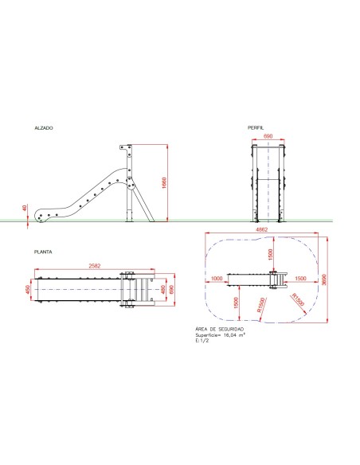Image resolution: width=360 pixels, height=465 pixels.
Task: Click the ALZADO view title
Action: (x=44, y=127)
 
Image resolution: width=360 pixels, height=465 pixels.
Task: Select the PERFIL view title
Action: (x=256, y=127)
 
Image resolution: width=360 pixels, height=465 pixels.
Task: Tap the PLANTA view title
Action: (x=43, y=252)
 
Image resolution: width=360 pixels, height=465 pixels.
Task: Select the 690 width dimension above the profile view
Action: (x=268, y=137)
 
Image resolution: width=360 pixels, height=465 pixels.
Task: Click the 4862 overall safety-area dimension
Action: (x=260, y=229)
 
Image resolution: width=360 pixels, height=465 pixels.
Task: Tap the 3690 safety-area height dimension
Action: (x=323, y=280)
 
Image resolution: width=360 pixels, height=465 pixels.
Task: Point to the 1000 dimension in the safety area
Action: (x=217, y=278)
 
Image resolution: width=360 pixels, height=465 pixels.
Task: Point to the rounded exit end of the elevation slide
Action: (x=42, y=215)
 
